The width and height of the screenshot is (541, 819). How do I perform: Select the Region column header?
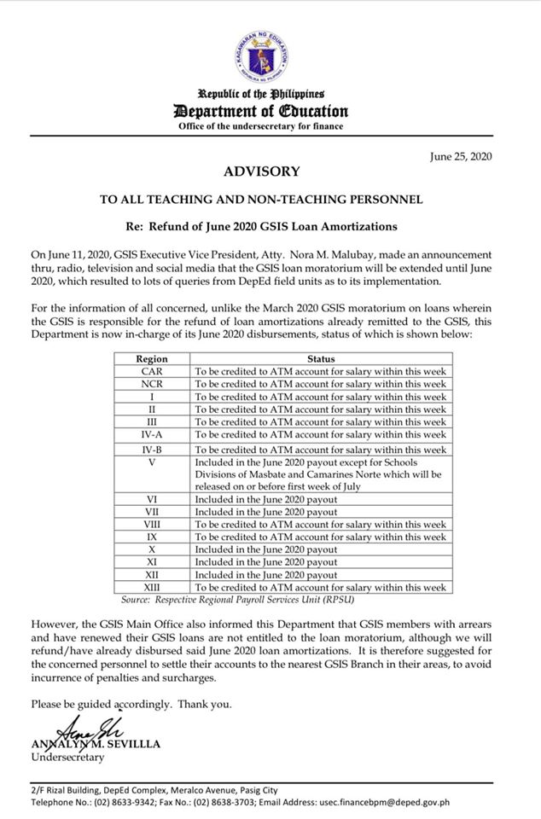[152, 360]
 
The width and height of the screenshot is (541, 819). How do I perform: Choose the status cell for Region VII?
[266, 512]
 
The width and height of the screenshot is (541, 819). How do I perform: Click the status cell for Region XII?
[266, 575]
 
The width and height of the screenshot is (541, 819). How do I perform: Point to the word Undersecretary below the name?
[67, 758]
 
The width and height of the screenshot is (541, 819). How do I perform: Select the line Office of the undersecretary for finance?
[261, 126]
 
